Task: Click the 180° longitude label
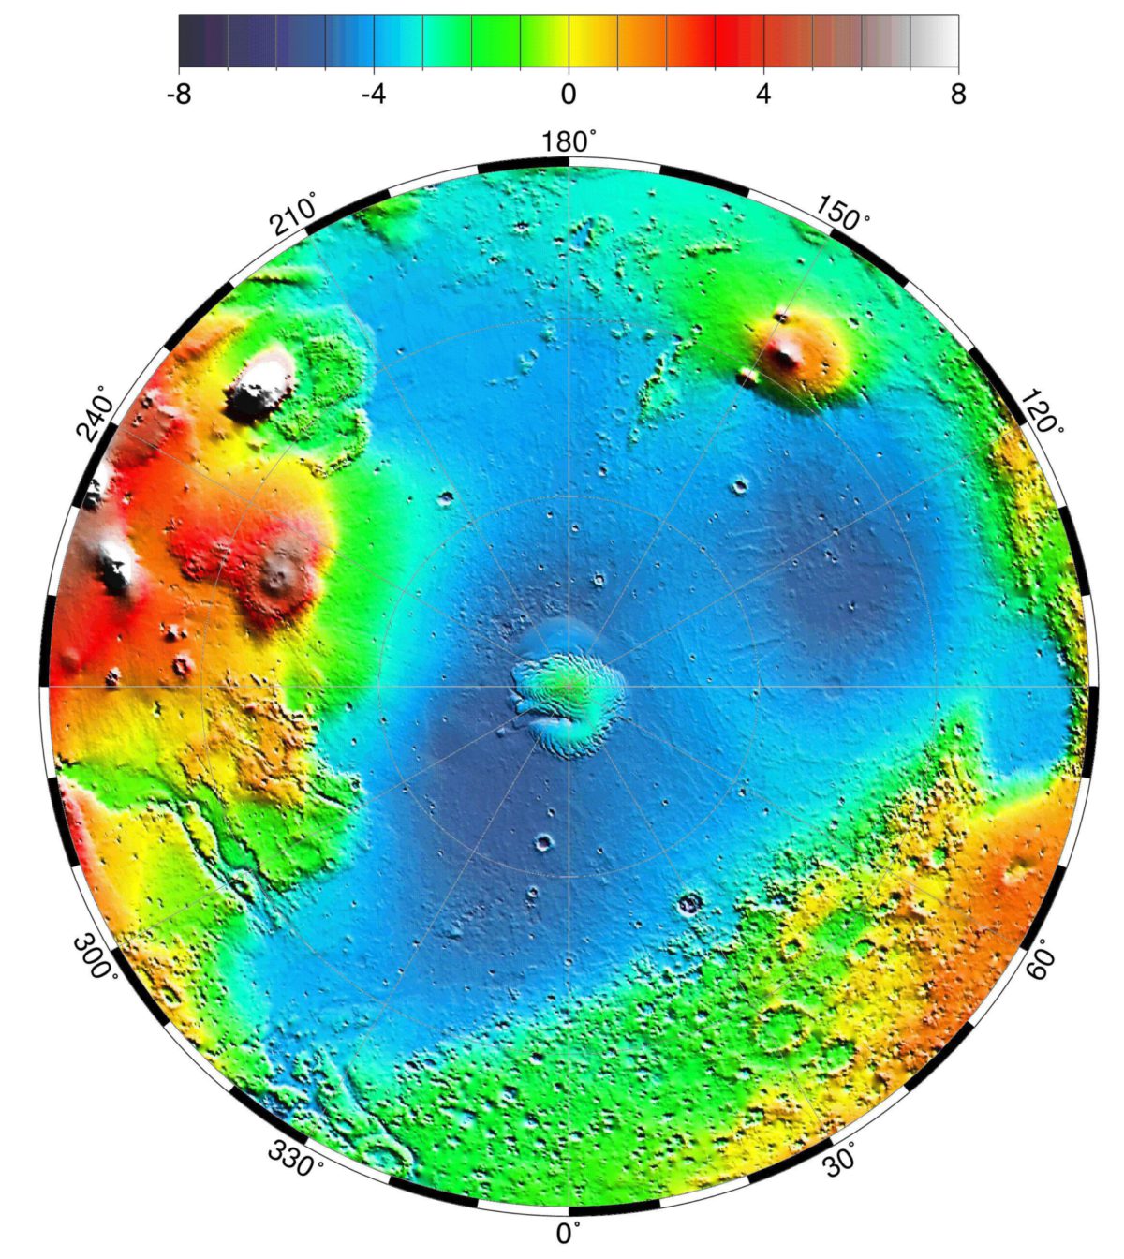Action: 568,142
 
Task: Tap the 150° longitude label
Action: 842,214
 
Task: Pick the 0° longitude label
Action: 568,1234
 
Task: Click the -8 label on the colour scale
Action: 178,95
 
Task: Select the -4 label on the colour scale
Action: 373,95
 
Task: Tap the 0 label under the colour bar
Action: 568,95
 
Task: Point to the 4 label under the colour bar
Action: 763,95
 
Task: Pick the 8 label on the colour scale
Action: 957,95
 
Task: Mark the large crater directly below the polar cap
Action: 544,843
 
